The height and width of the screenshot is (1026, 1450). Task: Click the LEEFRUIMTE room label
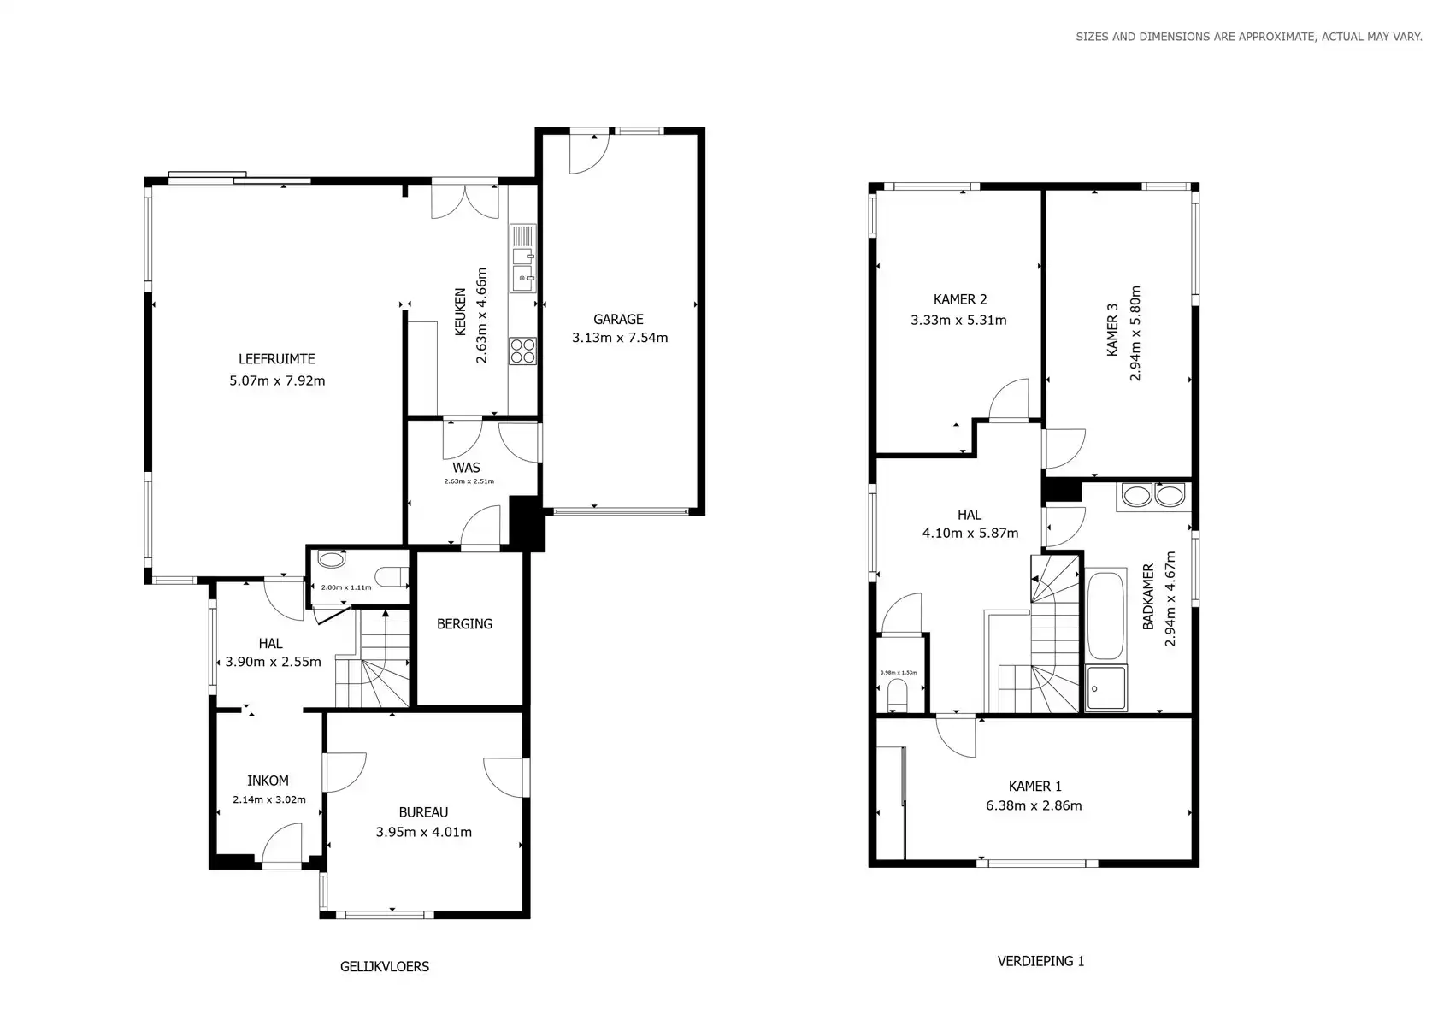click(276, 359)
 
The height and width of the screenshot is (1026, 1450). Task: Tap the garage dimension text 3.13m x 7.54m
click(620, 338)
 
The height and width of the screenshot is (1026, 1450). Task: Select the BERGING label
click(464, 624)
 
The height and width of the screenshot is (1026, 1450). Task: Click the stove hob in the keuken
click(522, 351)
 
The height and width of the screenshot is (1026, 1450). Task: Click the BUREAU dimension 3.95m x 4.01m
click(423, 832)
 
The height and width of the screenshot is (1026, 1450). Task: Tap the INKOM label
click(268, 781)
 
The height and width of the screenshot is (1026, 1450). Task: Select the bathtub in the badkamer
click(1105, 616)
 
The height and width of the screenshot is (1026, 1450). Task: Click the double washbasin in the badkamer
click(1153, 495)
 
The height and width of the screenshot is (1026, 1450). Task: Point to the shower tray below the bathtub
click(1106, 688)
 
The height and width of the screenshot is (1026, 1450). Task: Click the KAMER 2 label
click(960, 299)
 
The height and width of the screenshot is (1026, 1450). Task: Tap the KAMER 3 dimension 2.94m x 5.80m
click(1135, 333)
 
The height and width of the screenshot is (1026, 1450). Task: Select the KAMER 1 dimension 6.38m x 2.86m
click(1034, 805)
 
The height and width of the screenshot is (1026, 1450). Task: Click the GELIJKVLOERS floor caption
click(385, 967)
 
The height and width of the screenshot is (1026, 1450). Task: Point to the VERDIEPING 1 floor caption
click(1040, 961)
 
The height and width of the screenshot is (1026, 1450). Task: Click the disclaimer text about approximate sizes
click(1248, 37)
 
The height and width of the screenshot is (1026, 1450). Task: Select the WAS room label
click(466, 468)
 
